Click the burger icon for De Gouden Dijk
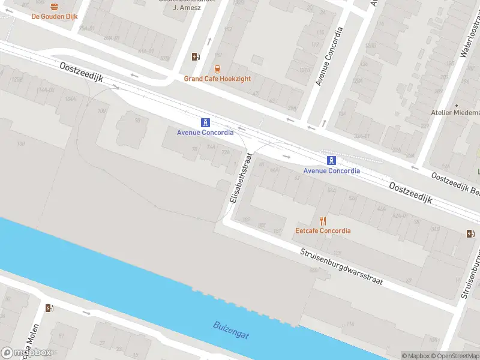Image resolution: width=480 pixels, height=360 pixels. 55,7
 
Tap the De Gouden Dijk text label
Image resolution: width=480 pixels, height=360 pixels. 55,17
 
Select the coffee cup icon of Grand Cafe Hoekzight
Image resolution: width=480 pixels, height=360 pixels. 217,68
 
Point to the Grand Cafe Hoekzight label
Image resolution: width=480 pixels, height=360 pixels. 217,79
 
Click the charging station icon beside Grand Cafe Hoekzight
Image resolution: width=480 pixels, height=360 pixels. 196,57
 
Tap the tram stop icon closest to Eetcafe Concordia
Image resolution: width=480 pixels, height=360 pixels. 331,160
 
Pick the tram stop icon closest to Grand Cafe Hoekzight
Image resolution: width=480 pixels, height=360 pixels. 205,122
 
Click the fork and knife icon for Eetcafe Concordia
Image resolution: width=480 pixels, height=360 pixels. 323,220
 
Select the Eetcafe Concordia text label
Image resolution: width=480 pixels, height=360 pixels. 323,230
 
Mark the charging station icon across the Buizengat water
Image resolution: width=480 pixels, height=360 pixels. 49,308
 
